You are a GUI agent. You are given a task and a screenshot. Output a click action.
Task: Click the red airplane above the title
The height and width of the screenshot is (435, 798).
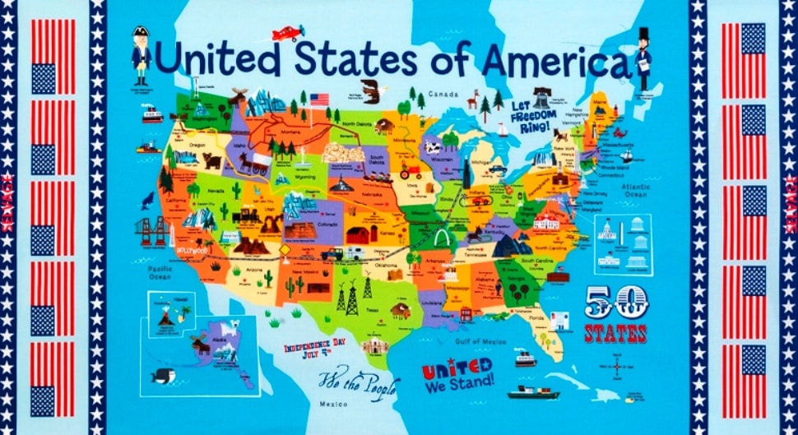pos(287,34)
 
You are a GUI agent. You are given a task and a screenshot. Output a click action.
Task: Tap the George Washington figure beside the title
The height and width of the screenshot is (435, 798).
pos(141,54)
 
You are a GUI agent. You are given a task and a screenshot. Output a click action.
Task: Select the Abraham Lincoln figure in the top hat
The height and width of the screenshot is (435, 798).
pos(643,58)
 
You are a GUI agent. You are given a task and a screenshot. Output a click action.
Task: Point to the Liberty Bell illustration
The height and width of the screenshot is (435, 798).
pos(541,96)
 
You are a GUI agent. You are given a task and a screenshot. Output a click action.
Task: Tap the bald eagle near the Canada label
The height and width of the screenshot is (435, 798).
pos(372,90)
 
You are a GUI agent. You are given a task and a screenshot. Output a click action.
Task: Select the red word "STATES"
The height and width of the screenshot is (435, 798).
pos(615,333)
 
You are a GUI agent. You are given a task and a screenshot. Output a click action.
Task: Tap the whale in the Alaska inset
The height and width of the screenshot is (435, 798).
pos(163,376)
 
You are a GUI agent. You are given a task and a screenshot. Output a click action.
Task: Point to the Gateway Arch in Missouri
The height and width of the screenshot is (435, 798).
pos(443,238)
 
